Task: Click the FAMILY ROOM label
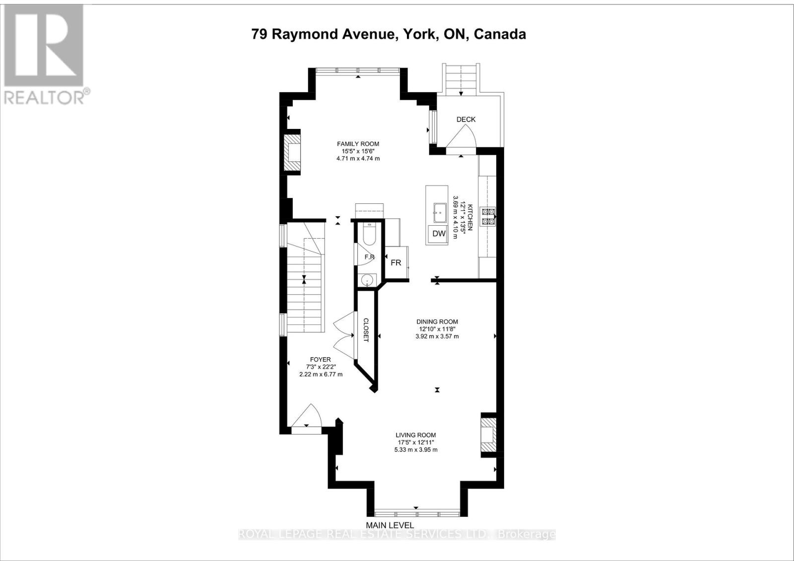coord(358,144)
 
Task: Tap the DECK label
coord(465,119)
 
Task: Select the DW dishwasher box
coord(439,234)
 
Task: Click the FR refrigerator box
coord(396,262)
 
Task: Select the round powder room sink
coord(366,279)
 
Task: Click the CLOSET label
coord(366,330)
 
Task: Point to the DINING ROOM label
coord(437,321)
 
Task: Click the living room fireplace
coord(488,435)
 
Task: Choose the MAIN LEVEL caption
coord(390,525)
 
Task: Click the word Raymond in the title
coord(304,34)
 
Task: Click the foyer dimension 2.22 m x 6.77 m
coord(321,374)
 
